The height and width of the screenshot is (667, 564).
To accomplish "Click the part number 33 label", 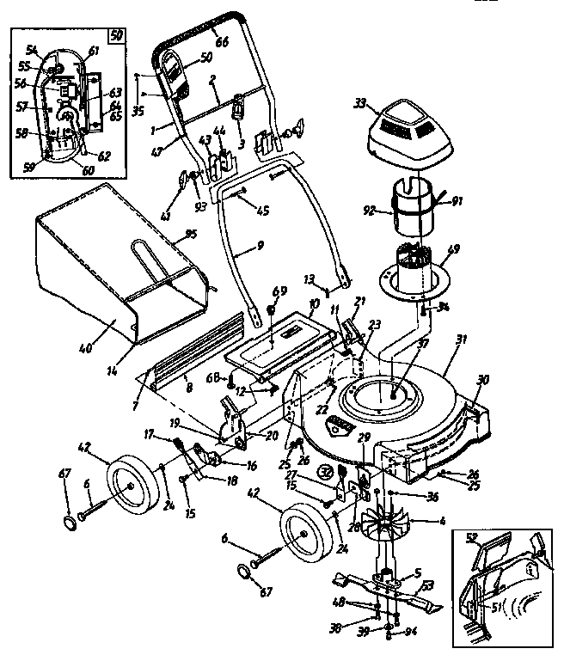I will (x=359, y=105).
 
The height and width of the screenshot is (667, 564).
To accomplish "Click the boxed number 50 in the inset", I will (x=114, y=35).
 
